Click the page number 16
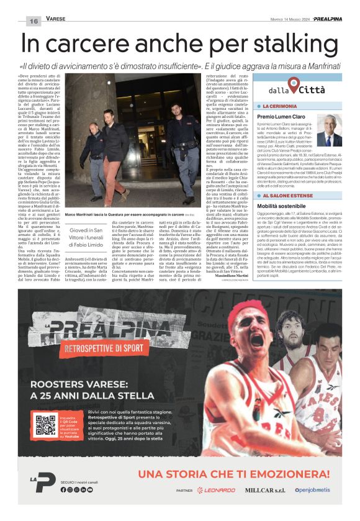coord(33,21)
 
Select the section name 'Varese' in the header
coord(57,19)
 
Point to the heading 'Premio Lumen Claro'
coord(281,117)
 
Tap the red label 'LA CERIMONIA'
coord(279,107)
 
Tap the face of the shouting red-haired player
coord(258,340)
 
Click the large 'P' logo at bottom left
coord(45,482)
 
